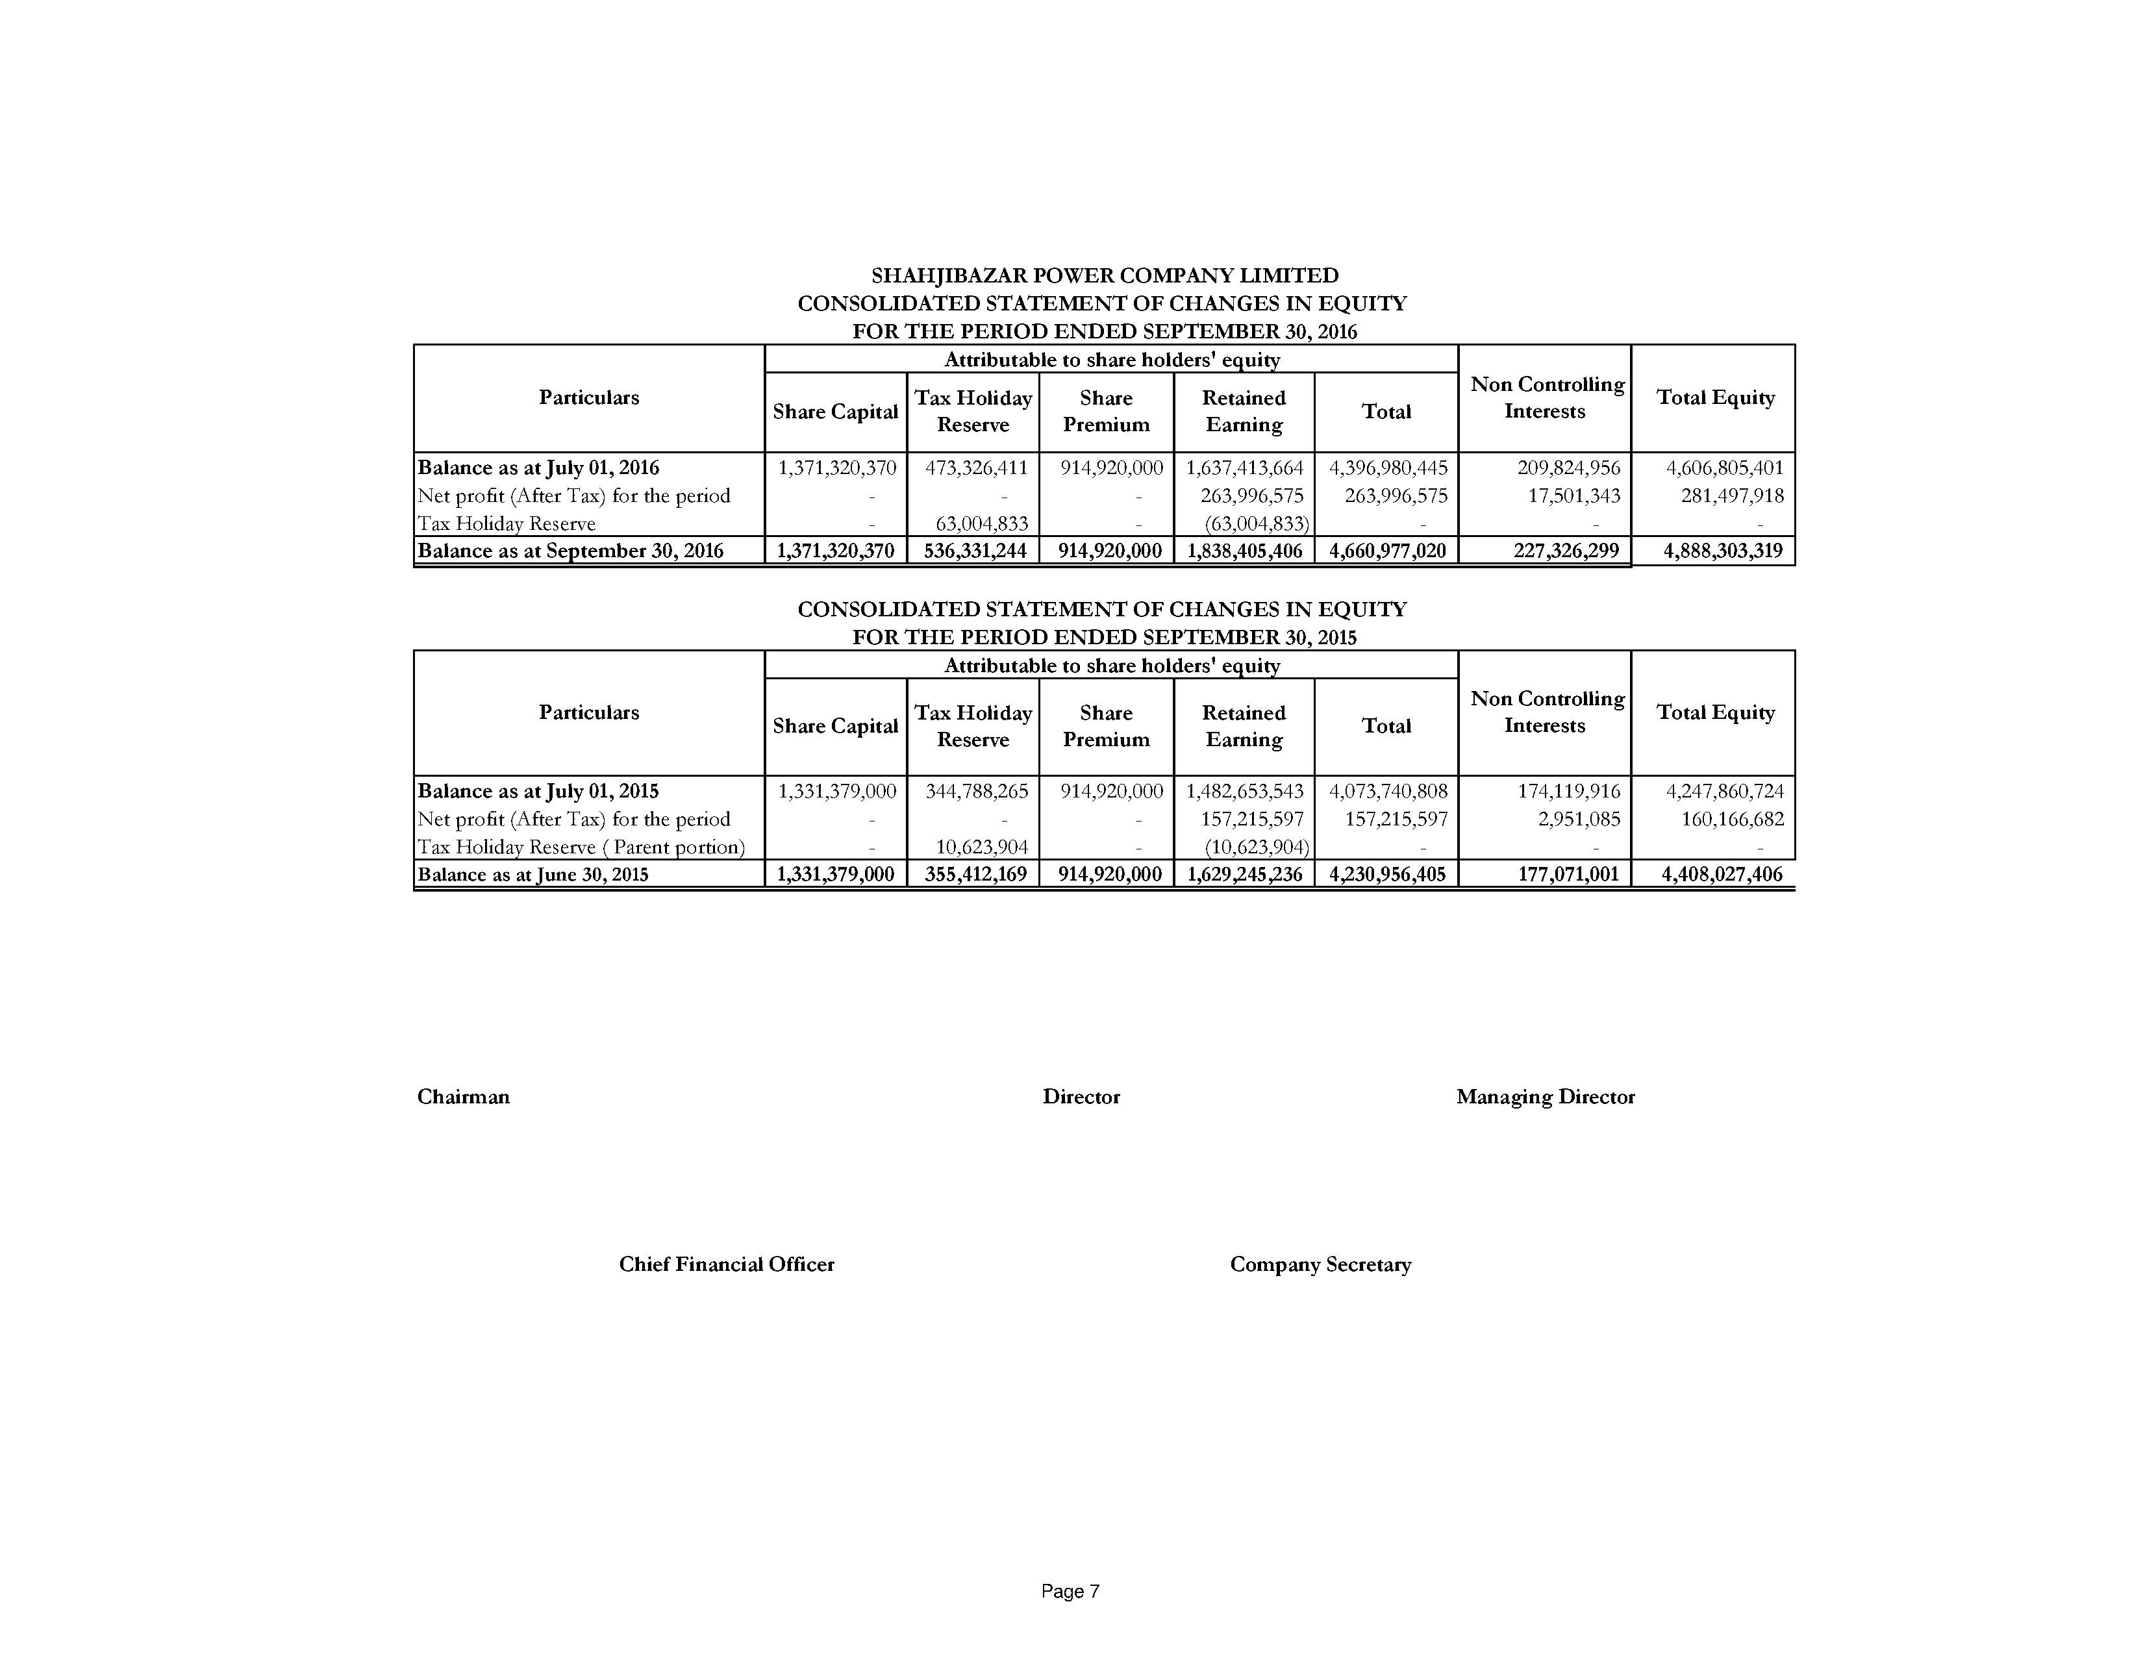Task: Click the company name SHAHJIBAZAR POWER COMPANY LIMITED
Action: [1104, 275]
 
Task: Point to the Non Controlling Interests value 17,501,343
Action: [1574, 496]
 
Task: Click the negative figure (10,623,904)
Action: [1256, 847]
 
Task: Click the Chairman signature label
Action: [463, 1097]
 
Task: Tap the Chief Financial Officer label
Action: [726, 1264]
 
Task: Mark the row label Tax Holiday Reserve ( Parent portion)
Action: [581, 847]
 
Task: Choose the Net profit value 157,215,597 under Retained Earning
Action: [1251, 819]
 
